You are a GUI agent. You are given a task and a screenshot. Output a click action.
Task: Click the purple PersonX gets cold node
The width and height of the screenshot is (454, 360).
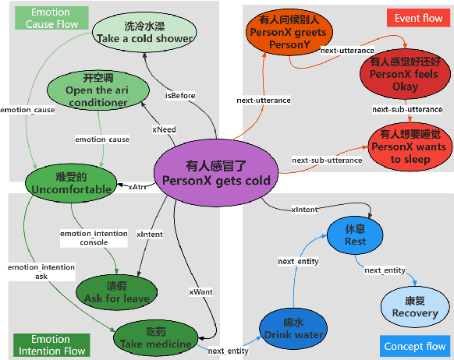216,173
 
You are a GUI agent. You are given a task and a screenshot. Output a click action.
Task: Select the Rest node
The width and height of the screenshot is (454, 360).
355,235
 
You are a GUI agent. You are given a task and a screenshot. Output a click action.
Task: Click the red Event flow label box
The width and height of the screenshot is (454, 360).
419,17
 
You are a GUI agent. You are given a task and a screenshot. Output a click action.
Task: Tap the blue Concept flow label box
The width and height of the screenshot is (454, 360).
416,346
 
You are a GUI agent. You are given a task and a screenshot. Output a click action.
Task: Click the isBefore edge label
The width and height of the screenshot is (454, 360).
180,96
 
